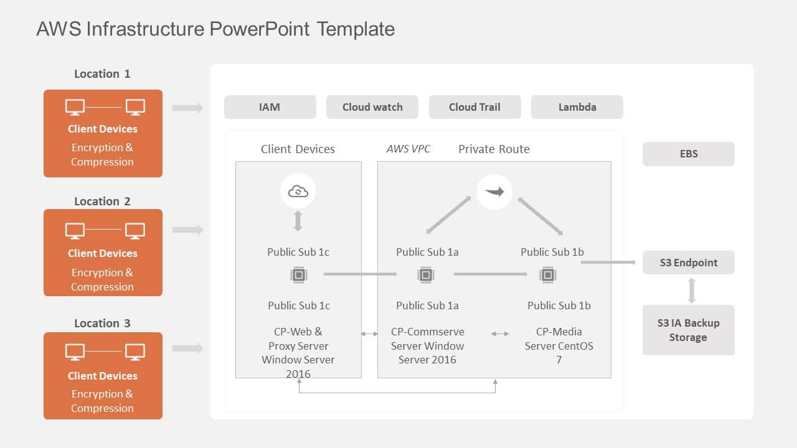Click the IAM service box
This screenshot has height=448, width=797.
[x=270, y=107]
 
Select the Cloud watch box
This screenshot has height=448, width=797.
[x=372, y=107]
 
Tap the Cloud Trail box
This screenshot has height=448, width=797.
[x=474, y=107]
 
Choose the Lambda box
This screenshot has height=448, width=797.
[x=577, y=107]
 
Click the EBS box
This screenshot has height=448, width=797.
[x=688, y=154]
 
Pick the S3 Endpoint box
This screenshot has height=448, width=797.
[x=688, y=263]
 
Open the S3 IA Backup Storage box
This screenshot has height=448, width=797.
[x=688, y=330]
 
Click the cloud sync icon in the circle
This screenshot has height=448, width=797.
[x=298, y=192]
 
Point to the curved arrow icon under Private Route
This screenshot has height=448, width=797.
[x=494, y=192]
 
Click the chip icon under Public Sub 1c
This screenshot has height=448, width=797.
[x=299, y=274]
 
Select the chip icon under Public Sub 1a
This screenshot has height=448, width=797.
[x=426, y=274]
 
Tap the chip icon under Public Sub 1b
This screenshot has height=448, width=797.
[x=547, y=274]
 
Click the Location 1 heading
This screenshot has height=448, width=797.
[x=102, y=74]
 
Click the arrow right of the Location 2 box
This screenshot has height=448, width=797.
[x=187, y=230]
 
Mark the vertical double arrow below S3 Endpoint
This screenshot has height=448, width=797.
[x=691, y=290]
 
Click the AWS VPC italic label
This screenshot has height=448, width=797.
[x=408, y=149]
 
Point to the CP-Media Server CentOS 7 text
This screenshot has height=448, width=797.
[x=559, y=345]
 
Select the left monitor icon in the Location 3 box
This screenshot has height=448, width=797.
[x=75, y=353]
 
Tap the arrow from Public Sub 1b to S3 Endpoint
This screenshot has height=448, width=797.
[x=608, y=263]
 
